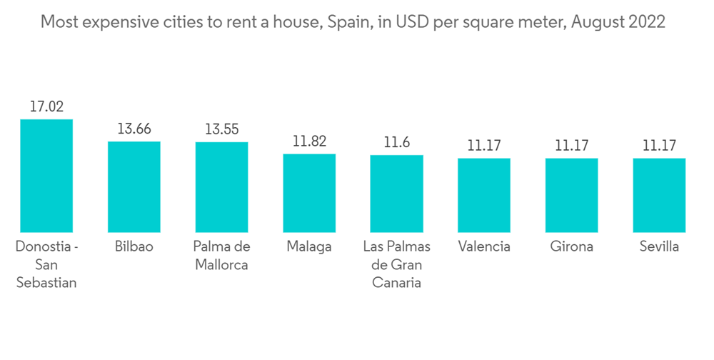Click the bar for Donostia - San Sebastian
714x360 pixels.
pyautogui.click(x=46, y=176)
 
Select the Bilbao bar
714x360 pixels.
pyautogui.click(x=134, y=187)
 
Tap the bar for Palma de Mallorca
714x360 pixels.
pyautogui.click(x=221, y=187)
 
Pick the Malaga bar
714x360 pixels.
pyautogui.click(x=309, y=193)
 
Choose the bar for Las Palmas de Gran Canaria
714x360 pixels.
pyautogui.click(x=396, y=194)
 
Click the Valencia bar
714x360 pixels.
pyautogui.click(x=484, y=195)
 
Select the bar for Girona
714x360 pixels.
pyautogui.click(x=571, y=195)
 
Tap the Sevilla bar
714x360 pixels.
pyautogui.click(x=659, y=195)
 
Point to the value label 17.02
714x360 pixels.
pyautogui.click(x=46, y=107)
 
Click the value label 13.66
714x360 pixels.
pyautogui.click(x=134, y=129)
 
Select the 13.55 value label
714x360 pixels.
pyautogui.click(x=221, y=130)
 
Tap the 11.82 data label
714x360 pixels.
pyautogui.click(x=309, y=141)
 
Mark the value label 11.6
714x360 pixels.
pyautogui.click(x=396, y=143)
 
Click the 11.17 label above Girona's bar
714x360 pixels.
pyautogui.click(x=571, y=146)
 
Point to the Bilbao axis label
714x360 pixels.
pyautogui.click(x=134, y=247)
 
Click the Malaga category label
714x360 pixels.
pyautogui.click(x=309, y=247)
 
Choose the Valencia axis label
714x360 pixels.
pyautogui.click(x=484, y=247)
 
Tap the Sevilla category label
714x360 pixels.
pyautogui.click(x=659, y=247)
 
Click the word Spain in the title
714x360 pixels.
pyautogui.click(x=346, y=22)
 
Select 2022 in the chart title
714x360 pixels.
pyautogui.click(x=646, y=22)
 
